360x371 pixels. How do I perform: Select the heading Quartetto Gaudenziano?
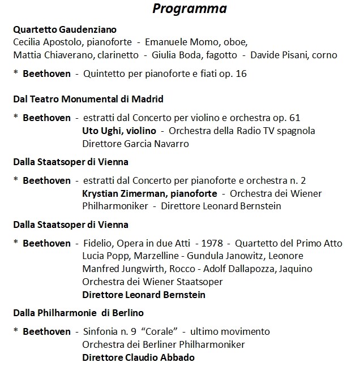[65, 29]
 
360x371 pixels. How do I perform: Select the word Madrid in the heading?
[147, 99]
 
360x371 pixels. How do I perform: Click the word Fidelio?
[97, 244]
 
